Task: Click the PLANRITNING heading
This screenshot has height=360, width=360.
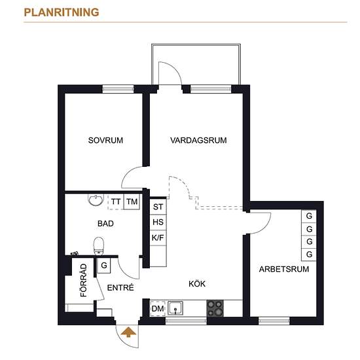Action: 62,12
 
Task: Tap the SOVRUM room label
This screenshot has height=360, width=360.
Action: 105,140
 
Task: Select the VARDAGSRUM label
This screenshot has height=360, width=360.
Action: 198,140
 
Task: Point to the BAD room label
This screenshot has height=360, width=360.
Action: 105,223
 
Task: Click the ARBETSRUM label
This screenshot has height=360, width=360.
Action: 284,269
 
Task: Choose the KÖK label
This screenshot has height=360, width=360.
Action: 197,284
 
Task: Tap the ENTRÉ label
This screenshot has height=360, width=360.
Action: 120,287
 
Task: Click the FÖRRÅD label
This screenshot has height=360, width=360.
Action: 84,280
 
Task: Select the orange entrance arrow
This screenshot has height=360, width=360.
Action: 128,333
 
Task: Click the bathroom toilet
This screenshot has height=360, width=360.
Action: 99,246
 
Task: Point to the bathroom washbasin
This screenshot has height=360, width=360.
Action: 96,200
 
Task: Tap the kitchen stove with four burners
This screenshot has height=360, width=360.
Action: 215,308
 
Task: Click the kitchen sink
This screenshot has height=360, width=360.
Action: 175,308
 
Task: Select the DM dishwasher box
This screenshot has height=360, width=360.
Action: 158,308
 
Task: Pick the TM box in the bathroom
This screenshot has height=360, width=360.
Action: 132,202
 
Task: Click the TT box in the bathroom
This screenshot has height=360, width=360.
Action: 116,202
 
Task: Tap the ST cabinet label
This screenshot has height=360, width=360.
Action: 158,207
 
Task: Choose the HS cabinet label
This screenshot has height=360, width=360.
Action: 158,222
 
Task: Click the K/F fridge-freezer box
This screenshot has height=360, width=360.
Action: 158,238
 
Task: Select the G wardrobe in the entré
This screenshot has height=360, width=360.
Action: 104,265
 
